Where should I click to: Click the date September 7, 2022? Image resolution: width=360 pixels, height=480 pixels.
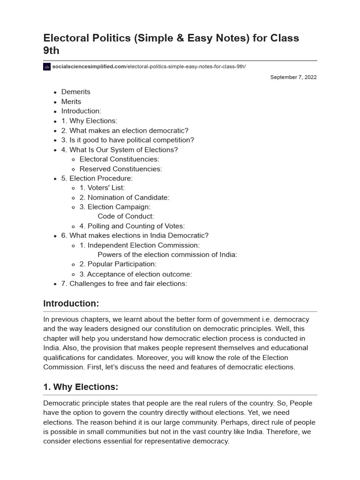293,77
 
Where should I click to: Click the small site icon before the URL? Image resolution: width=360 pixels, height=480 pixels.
47,67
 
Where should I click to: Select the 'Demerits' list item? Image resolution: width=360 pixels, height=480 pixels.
75,92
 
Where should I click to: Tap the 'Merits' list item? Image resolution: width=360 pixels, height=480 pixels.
71,102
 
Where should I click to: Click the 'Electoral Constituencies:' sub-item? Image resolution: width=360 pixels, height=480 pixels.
120,159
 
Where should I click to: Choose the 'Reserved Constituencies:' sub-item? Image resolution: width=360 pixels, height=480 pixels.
120,169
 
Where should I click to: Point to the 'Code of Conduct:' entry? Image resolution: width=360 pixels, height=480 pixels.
126,217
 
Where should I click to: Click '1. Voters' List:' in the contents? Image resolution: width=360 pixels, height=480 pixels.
102,188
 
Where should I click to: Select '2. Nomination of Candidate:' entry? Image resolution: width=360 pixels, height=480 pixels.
124,197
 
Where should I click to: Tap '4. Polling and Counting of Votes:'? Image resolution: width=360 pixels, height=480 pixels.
132,226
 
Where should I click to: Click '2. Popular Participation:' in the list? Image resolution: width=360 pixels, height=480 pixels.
118,264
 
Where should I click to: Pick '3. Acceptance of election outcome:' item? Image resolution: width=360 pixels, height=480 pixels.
135,274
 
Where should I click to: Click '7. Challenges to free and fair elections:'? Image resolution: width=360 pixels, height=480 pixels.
124,284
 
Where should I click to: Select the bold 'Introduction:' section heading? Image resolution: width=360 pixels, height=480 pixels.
71,304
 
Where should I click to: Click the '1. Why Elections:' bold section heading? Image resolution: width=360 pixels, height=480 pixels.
81,387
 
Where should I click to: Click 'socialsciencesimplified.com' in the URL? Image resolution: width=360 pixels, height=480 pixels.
89,67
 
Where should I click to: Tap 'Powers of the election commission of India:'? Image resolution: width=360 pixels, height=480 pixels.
167,255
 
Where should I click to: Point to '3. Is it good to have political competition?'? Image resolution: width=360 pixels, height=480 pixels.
127,140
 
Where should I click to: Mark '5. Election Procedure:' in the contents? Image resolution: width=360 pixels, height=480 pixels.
97,178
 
